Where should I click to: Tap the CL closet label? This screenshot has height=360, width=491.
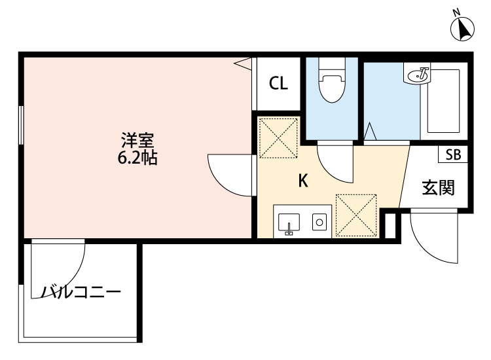[x=278, y=83]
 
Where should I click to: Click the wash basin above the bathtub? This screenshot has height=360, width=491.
[x=418, y=76]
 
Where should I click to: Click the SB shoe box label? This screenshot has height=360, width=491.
[x=453, y=155]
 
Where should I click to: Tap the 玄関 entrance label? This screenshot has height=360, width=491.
[x=438, y=188]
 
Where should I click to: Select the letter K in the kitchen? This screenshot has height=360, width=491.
[x=303, y=181]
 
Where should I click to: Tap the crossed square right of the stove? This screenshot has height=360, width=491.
[x=355, y=215]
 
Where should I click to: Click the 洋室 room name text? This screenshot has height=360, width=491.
[x=137, y=140]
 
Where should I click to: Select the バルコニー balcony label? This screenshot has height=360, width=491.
[x=81, y=292]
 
